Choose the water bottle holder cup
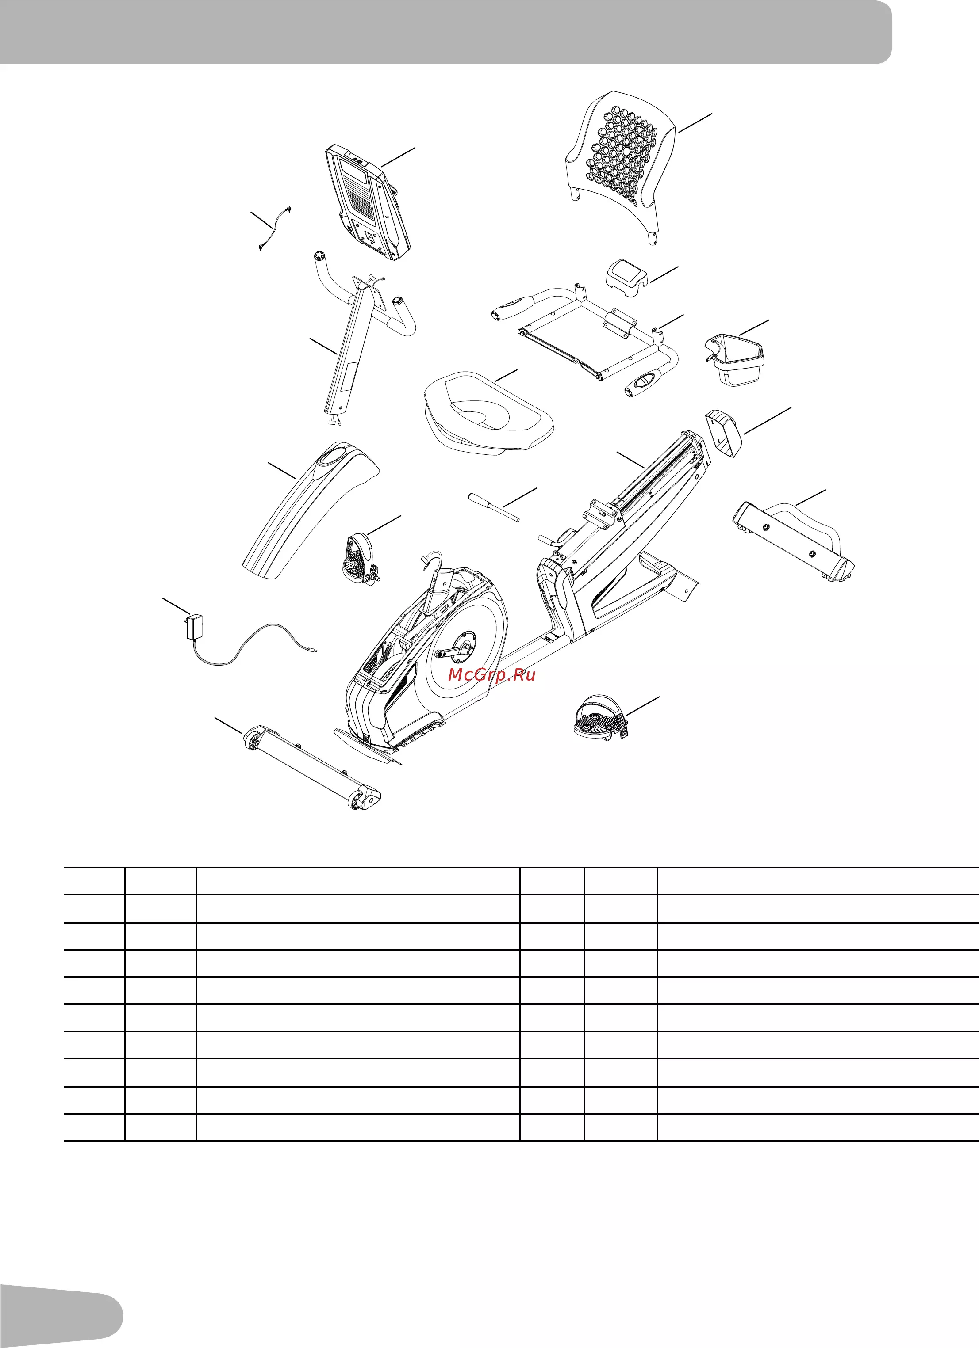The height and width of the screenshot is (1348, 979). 736,359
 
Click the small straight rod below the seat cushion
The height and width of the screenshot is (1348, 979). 494,507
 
